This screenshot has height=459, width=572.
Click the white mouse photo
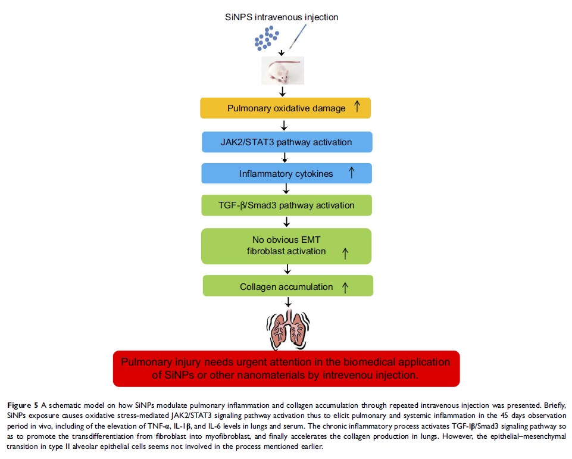[x=283, y=70]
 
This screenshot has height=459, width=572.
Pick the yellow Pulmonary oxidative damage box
[x=286, y=108]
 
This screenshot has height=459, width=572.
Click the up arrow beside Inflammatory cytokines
[x=351, y=173]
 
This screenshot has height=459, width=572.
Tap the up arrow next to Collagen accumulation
[x=345, y=286]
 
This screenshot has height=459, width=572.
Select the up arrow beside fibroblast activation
[x=344, y=253]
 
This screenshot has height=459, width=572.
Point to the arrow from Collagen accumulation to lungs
[x=287, y=302]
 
